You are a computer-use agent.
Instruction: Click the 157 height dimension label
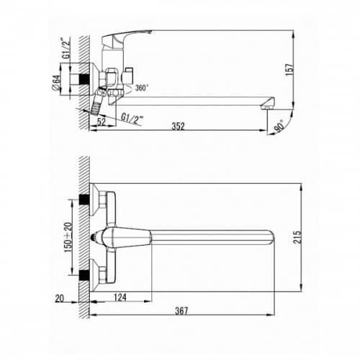tap(289, 70)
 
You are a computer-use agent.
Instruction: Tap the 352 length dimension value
tap(178, 126)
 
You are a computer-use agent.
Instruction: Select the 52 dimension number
tap(102, 122)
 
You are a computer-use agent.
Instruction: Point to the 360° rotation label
tap(140, 88)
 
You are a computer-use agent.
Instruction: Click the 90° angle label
tap(280, 126)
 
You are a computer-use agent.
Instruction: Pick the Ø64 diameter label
tap(55, 83)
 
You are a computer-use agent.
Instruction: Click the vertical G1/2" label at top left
tap(66, 48)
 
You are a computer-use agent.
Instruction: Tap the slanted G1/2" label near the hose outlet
tap(132, 119)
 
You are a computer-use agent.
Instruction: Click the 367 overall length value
tap(181, 311)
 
